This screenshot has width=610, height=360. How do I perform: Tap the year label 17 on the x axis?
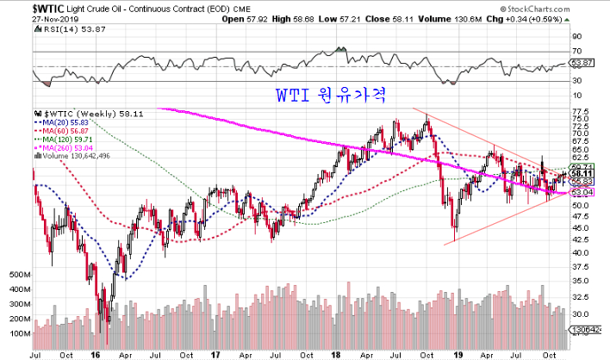tap(216, 353)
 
